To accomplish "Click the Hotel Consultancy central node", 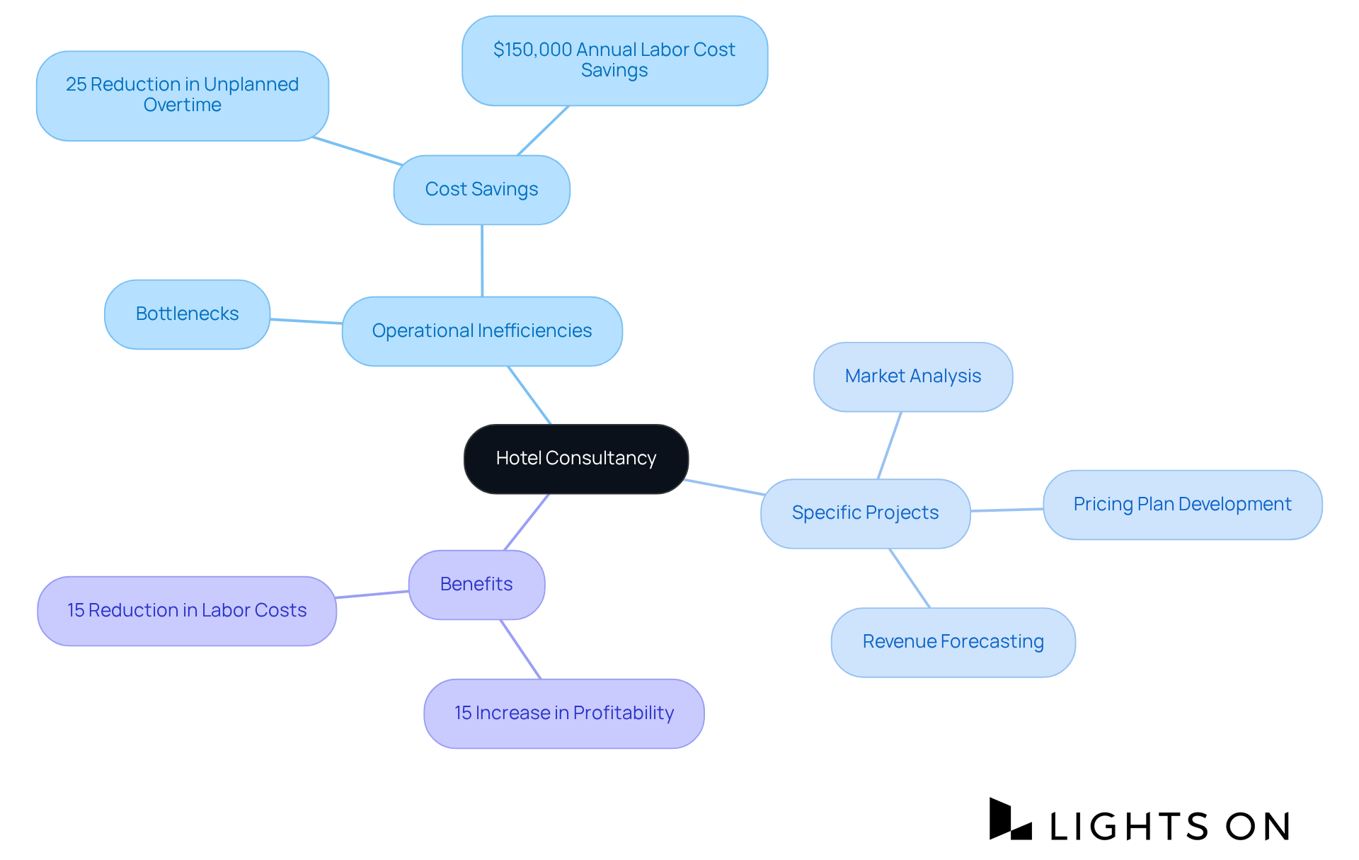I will pyautogui.click(x=575, y=459).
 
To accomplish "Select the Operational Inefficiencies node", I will pyautogui.click(x=481, y=331).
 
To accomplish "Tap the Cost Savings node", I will pyautogui.click(x=481, y=190).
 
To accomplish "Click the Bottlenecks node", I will pyautogui.click(x=187, y=314).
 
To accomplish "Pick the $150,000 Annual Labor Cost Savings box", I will pyautogui.click(x=614, y=61).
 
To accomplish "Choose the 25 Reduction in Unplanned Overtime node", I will pyautogui.click(x=182, y=96).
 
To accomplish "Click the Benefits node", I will pyautogui.click(x=476, y=585).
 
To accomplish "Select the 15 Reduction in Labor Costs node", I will pyautogui.click(x=186, y=611).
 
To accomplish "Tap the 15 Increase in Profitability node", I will pyautogui.click(x=563, y=713).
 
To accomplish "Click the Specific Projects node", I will pyautogui.click(x=865, y=513).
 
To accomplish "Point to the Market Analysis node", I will pyautogui.click(x=912, y=377).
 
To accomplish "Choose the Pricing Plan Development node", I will pyautogui.click(x=1182, y=505).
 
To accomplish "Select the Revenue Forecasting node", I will pyautogui.click(x=953, y=642).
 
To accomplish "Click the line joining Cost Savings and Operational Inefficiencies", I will pyautogui.click(x=482, y=260).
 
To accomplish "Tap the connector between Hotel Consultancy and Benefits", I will pyautogui.click(x=527, y=522).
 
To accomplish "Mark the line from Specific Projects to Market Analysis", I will pyautogui.click(x=889, y=446).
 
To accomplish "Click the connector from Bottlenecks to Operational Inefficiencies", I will pyautogui.click(x=306, y=321).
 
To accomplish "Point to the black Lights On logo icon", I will pyautogui.click(x=1010, y=820).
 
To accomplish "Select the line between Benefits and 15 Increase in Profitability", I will pyautogui.click(x=521, y=650).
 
